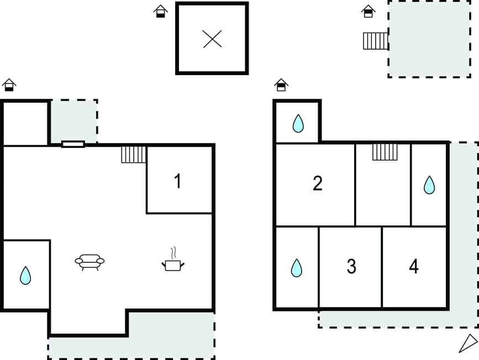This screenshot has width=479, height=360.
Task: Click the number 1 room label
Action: (177, 181)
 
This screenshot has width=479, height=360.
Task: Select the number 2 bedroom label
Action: (317, 183)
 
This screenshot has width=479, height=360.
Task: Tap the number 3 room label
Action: (351, 266)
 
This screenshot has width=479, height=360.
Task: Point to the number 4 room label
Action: (414, 266)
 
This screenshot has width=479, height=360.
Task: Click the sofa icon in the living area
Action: (90, 262)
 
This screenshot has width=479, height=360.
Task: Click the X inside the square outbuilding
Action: (212, 39)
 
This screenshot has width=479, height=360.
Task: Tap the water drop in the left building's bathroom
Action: (25, 275)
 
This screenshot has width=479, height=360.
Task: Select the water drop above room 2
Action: (298, 123)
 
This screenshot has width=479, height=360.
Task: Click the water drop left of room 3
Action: (297, 268)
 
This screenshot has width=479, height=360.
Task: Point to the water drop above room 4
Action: (429, 185)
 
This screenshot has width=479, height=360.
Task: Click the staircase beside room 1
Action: (134, 154)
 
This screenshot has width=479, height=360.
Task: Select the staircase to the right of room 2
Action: (385, 152)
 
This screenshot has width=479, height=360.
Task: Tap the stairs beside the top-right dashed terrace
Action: (376, 41)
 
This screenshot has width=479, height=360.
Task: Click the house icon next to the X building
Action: (160, 11)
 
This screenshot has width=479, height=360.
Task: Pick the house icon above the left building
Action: (9, 84)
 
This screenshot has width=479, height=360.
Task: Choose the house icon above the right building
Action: (281, 84)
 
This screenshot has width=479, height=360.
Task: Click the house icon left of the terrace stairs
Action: (368, 11)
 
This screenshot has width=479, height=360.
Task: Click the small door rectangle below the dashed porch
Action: (73, 144)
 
